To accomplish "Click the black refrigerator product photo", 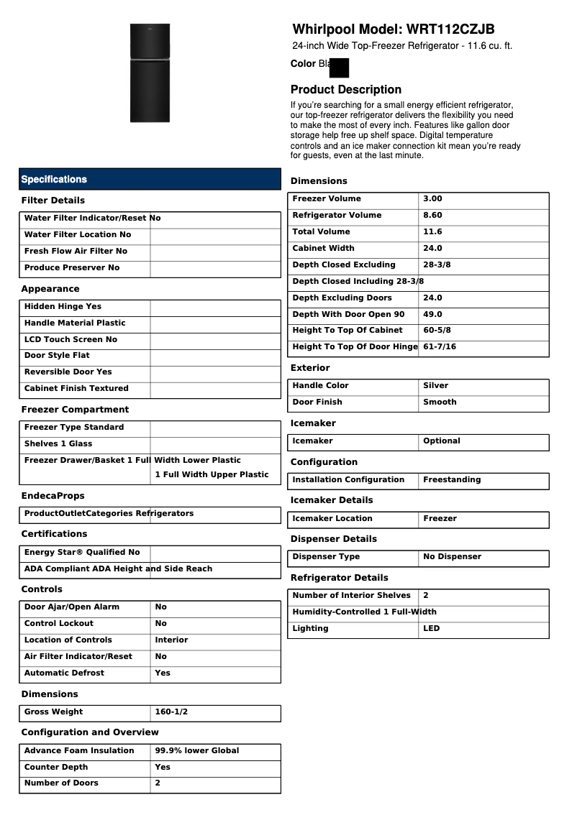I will pyautogui.click(x=150, y=73).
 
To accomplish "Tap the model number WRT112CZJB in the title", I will pyautogui.click(x=450, y=29).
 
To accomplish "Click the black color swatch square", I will pyautogui.click(x=339, y=68).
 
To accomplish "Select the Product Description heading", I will pyautogui.click(x=346, y=90).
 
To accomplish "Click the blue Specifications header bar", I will pyautogui.click(x=150, y=179).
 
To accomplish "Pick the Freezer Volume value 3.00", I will pyautogui.click(x=432, y=199).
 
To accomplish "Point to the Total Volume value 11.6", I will pyautogui.click(x=432, y=232).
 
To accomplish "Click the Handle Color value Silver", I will pyautogui.click(x=435, y=386).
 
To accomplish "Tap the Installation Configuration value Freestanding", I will pyautogui.click(x=452, y=480).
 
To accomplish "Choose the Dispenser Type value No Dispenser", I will pyautogui.click(x=452, y=557).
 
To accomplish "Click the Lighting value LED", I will pyautogui.click(x=432, y=629).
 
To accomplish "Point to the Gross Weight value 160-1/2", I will pyautogui.click(x=171, y=712).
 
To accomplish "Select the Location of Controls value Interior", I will pyautogui.click(x=171, y=640).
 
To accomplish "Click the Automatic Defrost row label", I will pyautogui.click(x=64, y=673).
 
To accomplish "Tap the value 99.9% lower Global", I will pyautogui.click(x=197, y=751).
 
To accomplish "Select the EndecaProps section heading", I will pyautogui.click(x=53, y=496).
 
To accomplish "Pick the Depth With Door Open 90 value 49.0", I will pyautogui.click(x=432, y=315).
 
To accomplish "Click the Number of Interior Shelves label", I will pyautogui.click(x=351, y=596).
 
